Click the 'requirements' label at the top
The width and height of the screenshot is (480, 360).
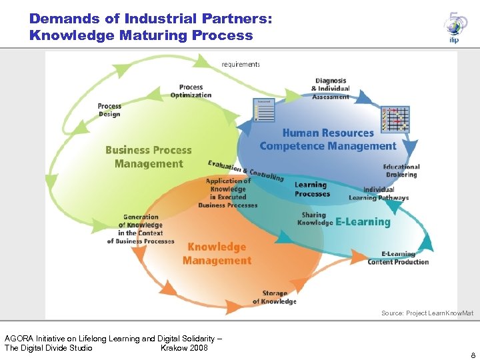tap(241, 65)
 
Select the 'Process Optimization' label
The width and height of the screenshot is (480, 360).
tap(191, 91)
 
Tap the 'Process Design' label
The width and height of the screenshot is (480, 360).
tap(109, 110)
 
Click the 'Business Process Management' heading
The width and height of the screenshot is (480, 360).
tap(148, 157)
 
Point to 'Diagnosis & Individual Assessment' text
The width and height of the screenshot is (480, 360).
tap(331, 89)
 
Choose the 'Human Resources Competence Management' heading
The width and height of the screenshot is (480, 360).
tap(328, 140)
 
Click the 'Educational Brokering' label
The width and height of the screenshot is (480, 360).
tap(401, 171)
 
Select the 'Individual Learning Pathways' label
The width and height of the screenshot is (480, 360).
tap(379, 194)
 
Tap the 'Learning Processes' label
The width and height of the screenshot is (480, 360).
tap(312, 189)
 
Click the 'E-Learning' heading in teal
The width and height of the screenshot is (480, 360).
tap(363, 221)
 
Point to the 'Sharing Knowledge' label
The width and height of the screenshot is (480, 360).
tap(314, 219)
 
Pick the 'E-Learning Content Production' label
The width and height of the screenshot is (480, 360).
tap(398, 258)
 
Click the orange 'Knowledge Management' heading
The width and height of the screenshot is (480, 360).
tap(217, 253)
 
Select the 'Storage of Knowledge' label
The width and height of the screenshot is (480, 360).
tap(274, 297)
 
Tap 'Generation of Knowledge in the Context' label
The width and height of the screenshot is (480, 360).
tap(141, 229)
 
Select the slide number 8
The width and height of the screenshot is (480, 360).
tap(473, 355)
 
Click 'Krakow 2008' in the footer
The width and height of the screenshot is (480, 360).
tap(184, 348)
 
